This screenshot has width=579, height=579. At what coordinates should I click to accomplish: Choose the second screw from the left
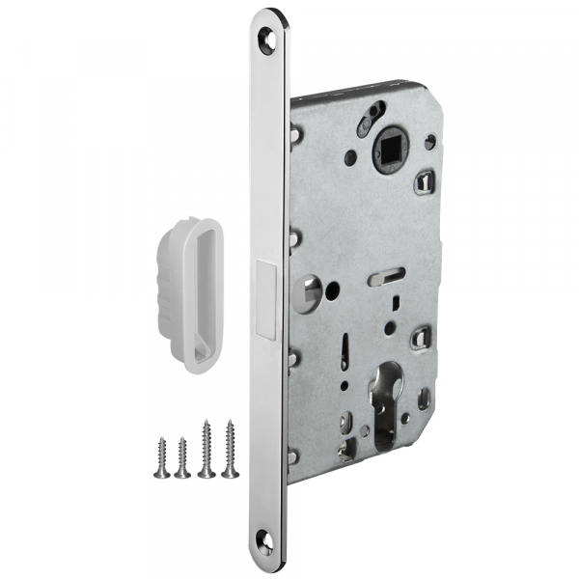click(182, 456)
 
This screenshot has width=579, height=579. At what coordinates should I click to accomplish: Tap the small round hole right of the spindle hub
click(428, 143)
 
